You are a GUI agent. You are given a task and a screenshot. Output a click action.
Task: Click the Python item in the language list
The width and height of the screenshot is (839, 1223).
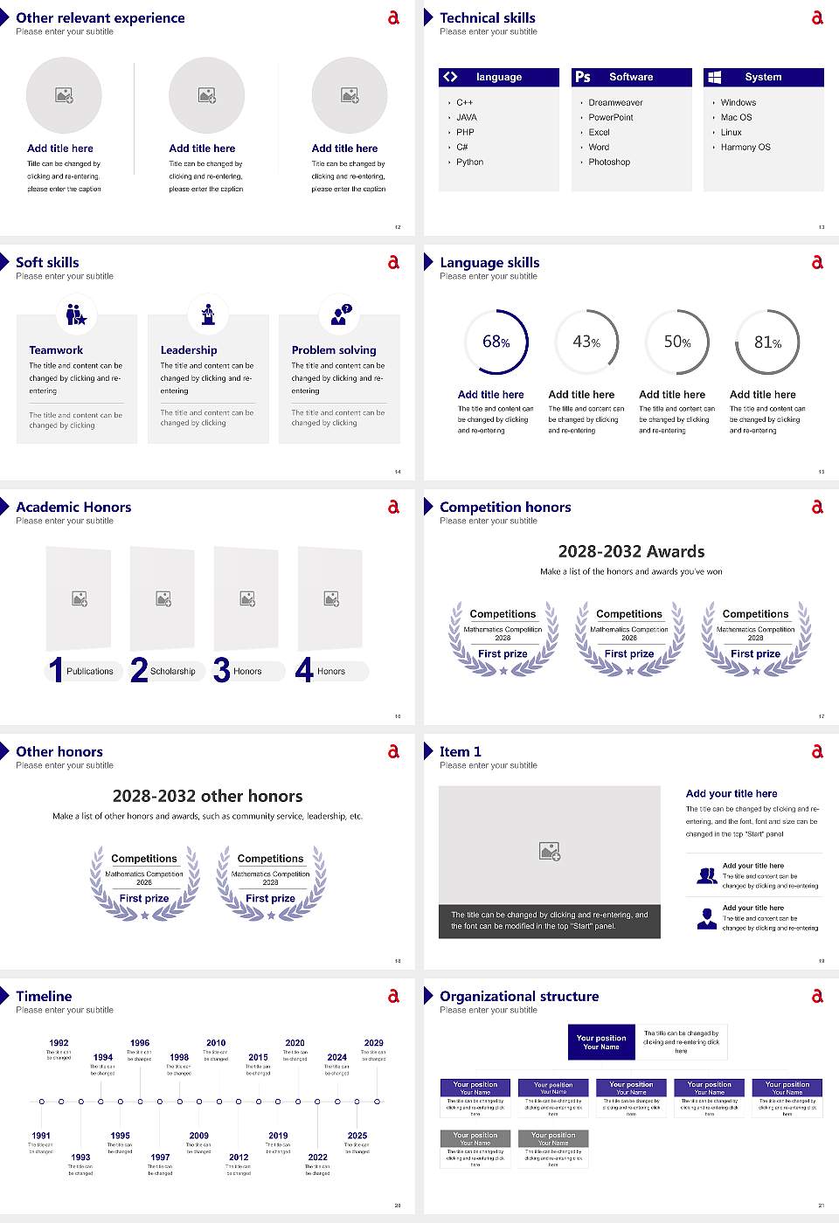469,162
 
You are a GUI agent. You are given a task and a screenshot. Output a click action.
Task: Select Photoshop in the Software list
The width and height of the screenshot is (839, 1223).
609,162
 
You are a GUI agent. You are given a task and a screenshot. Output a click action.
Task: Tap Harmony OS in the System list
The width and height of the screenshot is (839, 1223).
745,148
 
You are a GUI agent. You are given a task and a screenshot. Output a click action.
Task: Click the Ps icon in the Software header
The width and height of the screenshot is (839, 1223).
583,77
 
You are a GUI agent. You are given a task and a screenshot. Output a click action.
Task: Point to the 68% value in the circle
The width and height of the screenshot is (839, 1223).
496,342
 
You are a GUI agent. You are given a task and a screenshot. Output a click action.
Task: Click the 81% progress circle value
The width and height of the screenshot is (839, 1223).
767,342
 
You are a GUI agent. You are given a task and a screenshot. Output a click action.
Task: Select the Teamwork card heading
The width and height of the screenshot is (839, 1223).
56,349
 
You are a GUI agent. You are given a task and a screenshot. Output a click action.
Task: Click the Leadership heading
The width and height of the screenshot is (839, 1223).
189,349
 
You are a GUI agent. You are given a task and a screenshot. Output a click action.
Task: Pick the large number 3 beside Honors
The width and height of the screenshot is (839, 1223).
222,671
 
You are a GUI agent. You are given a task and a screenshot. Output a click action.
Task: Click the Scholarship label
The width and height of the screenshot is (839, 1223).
172,672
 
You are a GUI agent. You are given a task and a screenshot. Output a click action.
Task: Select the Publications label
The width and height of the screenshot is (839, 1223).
89,672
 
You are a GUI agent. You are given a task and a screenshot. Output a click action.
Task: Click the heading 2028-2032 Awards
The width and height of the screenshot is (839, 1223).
631,551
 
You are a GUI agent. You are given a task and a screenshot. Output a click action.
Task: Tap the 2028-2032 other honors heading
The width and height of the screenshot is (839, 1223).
207,796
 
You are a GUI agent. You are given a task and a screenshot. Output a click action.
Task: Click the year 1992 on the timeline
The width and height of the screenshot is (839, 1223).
59,1043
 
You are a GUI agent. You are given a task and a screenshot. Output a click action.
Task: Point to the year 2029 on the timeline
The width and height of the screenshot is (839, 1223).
373,1043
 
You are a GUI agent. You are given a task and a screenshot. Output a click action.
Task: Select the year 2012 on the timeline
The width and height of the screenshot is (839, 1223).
239,1157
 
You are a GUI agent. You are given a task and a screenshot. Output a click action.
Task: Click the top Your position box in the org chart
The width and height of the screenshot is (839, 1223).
601,1042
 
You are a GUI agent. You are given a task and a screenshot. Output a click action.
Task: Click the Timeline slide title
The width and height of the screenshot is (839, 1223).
44,996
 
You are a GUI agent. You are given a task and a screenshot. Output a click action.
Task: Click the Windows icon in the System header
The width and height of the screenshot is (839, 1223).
715,77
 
